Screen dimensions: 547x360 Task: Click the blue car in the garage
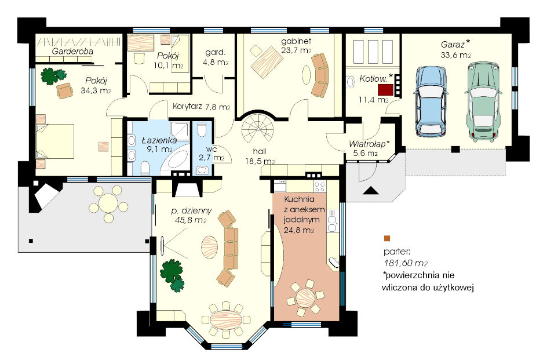432,101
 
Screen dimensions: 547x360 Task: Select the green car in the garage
483,102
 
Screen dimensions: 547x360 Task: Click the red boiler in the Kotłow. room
385,89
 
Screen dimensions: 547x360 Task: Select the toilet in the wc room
201,131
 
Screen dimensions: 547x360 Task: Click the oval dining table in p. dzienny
226,320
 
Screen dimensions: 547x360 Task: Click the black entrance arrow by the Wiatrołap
371,190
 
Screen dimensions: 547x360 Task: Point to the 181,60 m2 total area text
406,263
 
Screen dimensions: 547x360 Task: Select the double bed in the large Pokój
55,141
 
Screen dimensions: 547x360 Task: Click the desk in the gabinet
267,61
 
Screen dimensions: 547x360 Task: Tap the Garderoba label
72,52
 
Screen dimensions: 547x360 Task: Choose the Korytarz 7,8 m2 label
201,107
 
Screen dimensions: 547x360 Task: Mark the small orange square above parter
386,238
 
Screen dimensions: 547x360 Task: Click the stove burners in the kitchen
319,187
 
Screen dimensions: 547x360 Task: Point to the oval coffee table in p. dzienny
210,247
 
